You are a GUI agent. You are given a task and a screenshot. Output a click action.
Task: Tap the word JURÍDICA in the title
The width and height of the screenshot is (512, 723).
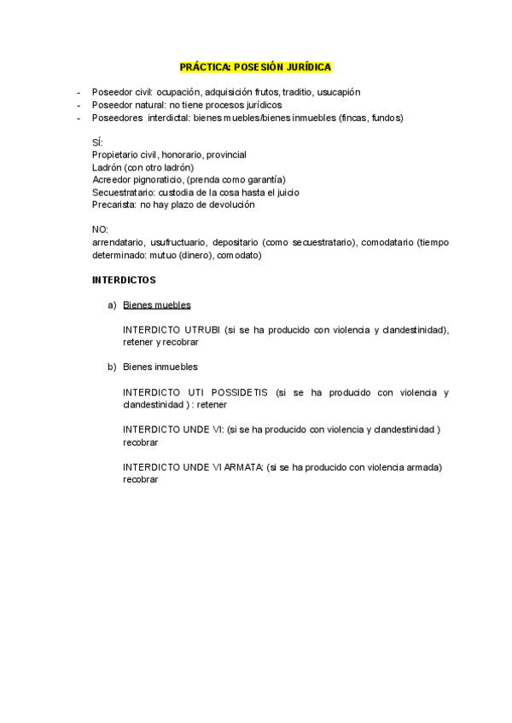coord(305,67)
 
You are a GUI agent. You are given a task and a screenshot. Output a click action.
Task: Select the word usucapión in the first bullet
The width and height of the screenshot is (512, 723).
coord(340,92)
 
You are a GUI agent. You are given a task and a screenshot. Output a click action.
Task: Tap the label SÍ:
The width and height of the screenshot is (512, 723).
coord(96,142)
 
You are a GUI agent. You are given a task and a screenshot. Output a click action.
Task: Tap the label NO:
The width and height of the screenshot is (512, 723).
coord(100,230)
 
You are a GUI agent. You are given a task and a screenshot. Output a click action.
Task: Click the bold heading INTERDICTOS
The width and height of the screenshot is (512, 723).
coord(124,280)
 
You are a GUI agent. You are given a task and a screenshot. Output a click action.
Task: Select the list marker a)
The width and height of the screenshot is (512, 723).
coord(111,305)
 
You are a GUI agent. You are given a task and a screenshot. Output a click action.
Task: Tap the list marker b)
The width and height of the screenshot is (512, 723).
coord(111,367)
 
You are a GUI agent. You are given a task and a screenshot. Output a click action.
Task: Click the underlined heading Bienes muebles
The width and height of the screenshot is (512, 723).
coord(157,305)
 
